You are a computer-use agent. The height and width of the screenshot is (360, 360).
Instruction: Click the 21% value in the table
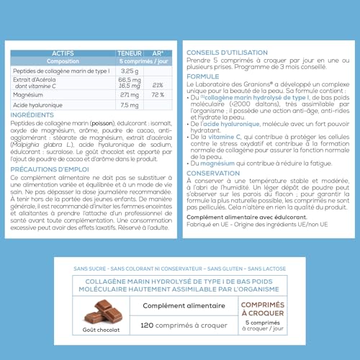159,84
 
